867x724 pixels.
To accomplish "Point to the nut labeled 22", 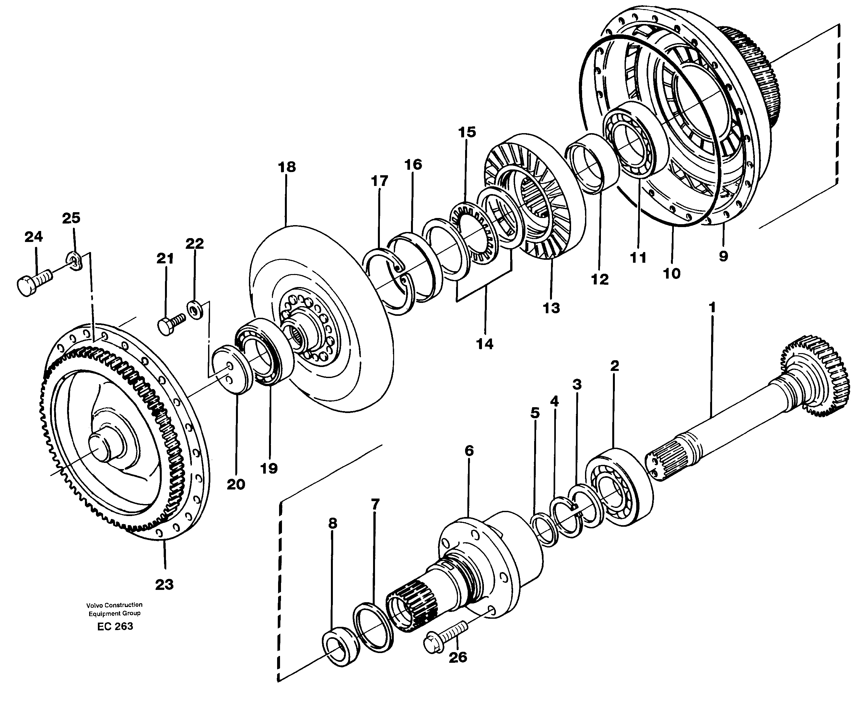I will (x=194, y=309).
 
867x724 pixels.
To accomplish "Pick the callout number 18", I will (x=287, y=167).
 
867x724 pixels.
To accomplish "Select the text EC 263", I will (x=115, y=626).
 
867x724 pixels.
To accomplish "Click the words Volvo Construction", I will (x=114, y=605).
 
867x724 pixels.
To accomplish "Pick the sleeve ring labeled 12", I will (x=592, y=163).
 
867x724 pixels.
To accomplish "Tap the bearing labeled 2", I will (x=619, y=487).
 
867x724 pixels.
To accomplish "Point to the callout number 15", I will (x=467, y=132).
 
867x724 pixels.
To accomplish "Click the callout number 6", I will (x=469, y=451).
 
